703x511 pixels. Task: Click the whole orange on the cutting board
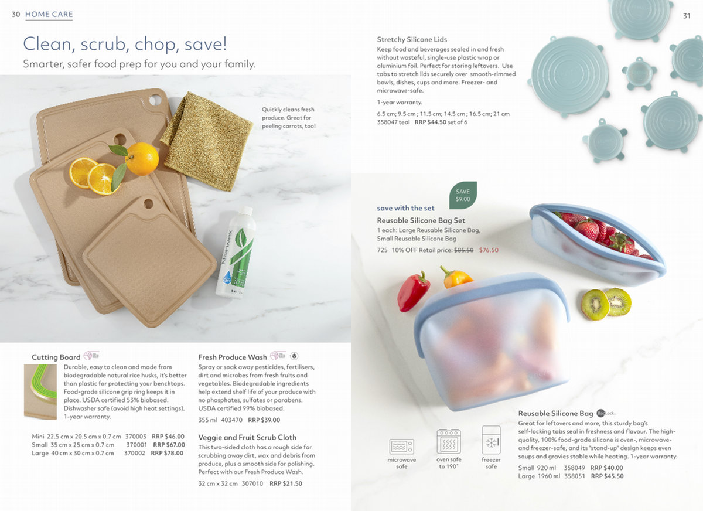(142, 159)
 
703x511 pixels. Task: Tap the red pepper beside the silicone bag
(413, 292)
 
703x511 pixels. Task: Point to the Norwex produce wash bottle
(236, 253)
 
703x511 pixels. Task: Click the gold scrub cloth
(207, 141)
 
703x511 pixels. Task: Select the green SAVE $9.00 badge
(463, 195)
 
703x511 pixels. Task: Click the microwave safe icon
(402, 447)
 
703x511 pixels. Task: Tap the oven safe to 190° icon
(449, 441)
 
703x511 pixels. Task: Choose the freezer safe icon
(491, 440)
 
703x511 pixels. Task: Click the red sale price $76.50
(489, 250)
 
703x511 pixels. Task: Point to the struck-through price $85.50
(464, 250)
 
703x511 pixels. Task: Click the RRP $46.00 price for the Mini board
(168, 437)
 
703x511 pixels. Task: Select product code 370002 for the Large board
(135, 453)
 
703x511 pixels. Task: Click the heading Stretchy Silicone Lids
(412, 39)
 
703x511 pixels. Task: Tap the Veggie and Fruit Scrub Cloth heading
(247, 437)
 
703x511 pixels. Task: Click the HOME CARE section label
(49, 14)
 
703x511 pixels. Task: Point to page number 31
(687, 16)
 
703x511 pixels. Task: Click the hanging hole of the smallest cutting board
(148, 204)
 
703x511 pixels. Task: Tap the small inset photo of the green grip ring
(40, 391)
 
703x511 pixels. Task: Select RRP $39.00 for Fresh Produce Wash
(264, 420)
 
